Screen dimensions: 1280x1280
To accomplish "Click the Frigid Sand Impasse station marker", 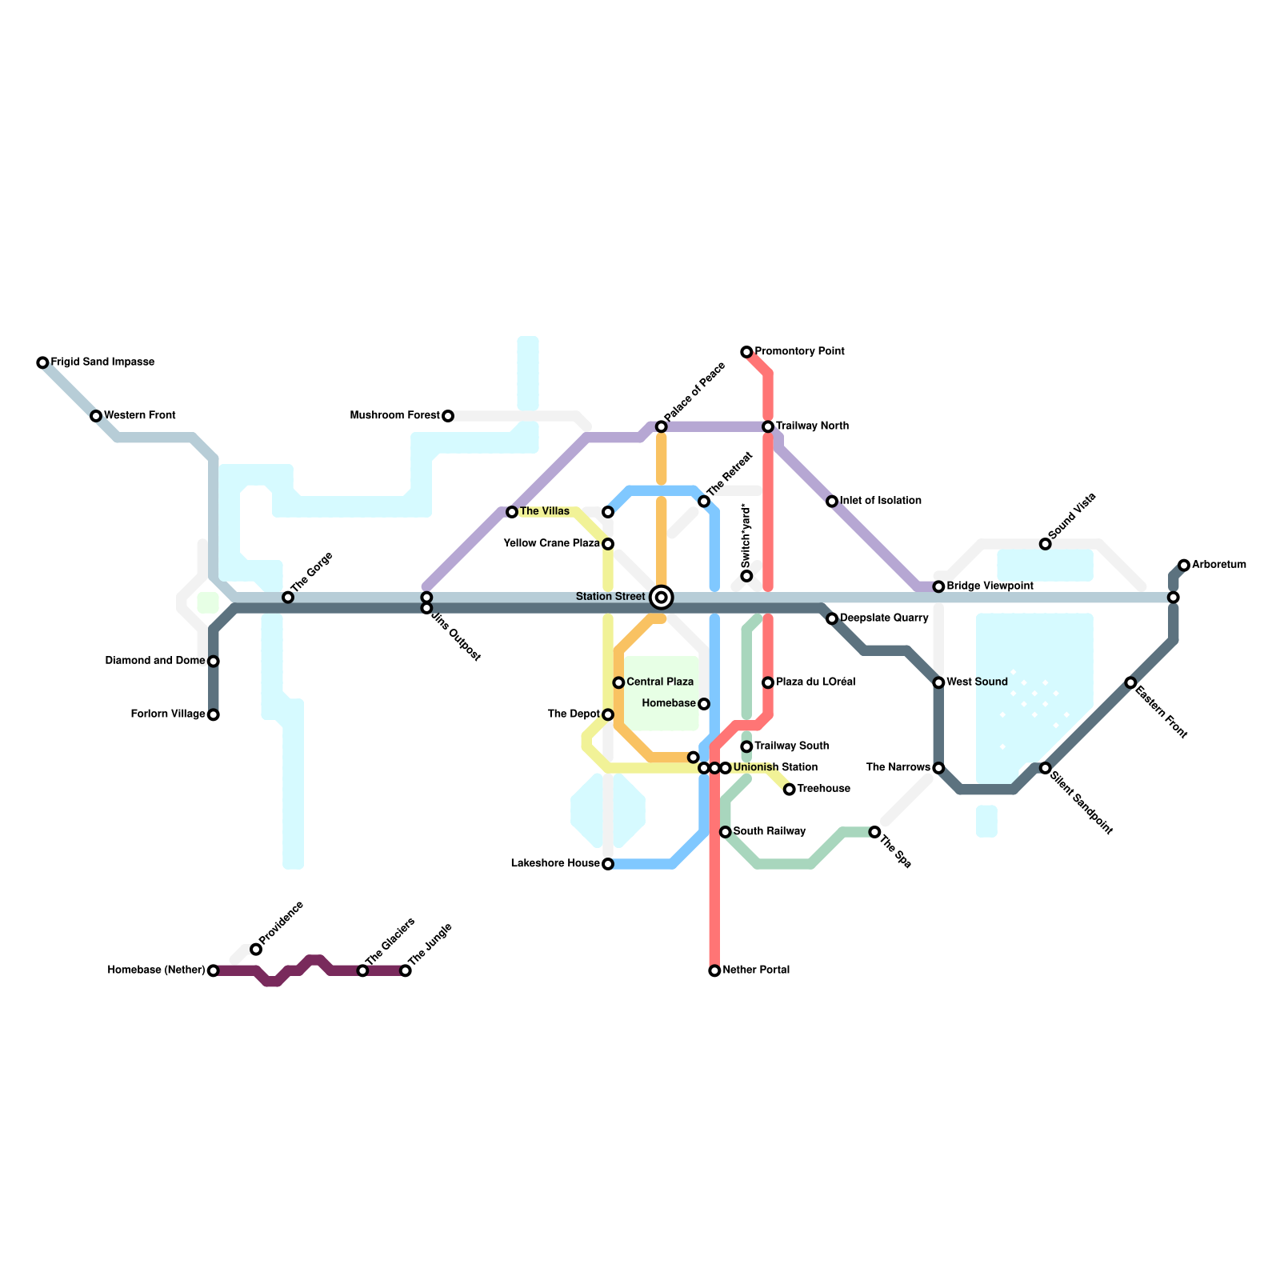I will click(42, 363).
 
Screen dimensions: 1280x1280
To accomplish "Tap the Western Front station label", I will click(140, 416).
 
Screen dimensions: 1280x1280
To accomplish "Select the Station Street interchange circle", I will click(662, 597).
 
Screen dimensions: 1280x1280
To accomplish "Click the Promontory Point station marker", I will click(746, 352).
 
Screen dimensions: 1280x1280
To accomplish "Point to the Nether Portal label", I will click(756, 970).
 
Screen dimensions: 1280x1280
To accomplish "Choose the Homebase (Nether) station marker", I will click(213, 971).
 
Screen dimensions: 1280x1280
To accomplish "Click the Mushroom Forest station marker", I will click(448, 416).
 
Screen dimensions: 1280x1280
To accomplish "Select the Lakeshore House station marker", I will click(608, 864).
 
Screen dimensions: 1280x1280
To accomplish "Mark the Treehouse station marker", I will click(790, 790).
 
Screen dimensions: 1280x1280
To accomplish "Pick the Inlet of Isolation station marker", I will click(832, 502).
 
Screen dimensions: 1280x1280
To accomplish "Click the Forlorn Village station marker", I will click(213, 715).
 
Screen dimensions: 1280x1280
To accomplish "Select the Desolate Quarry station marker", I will click(832, 619).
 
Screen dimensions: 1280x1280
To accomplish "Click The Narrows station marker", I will click(938, 768).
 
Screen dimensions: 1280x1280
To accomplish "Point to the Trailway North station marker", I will click(768, 427).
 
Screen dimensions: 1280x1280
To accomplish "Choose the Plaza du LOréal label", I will click(816, 682).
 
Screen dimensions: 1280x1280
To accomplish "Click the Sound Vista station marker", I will click(1045, 544).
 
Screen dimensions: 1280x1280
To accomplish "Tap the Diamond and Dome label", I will click(155, 661).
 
